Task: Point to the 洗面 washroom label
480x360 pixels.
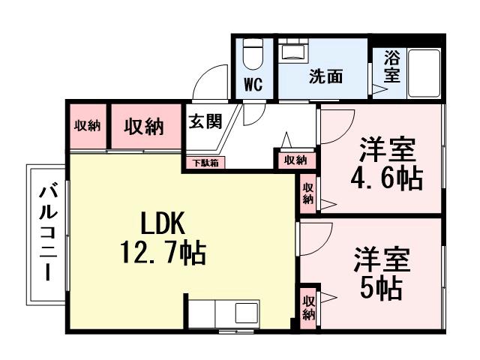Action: tap(326, 77)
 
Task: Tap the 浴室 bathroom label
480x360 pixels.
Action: tap(391, 66)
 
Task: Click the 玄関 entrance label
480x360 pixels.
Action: tap(204, 122)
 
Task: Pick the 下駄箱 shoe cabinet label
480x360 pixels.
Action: tap(204, 162)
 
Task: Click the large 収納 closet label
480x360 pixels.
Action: tap(144, 127)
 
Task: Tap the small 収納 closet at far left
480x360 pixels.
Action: tap(87, 126)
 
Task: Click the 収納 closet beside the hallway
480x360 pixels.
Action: tap(295, 160)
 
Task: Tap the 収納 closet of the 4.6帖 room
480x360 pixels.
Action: tap(308, 193)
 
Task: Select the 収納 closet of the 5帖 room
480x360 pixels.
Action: tap(309, 307)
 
